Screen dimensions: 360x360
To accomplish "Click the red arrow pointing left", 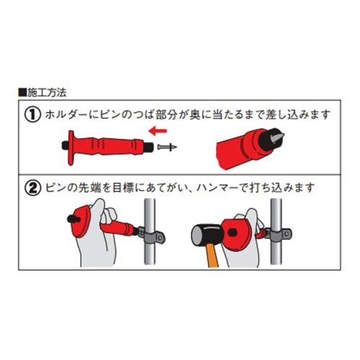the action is (158, 131).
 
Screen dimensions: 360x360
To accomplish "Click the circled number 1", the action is (33, 115).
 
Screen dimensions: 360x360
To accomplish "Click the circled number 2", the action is (33, 188).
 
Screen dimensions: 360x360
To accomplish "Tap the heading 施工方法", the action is (47, 93).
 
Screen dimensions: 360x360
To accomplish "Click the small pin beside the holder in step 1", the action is (167, 147).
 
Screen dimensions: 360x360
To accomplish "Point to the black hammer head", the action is (207, 235).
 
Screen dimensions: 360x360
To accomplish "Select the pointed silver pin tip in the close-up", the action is (278, 136).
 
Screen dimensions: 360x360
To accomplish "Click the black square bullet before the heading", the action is (22, 93).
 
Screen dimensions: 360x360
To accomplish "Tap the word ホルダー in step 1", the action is (65, 115).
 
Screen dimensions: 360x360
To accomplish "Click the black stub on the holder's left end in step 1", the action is (66, 145).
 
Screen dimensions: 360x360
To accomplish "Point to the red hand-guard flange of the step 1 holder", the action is (71, 148).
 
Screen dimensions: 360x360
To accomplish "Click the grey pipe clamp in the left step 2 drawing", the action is (153, 237).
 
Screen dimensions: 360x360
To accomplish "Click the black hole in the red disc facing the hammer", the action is (233, 233).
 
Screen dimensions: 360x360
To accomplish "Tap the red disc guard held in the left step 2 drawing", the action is (82, 222).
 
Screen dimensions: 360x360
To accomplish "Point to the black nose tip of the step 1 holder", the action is (150, 146).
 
